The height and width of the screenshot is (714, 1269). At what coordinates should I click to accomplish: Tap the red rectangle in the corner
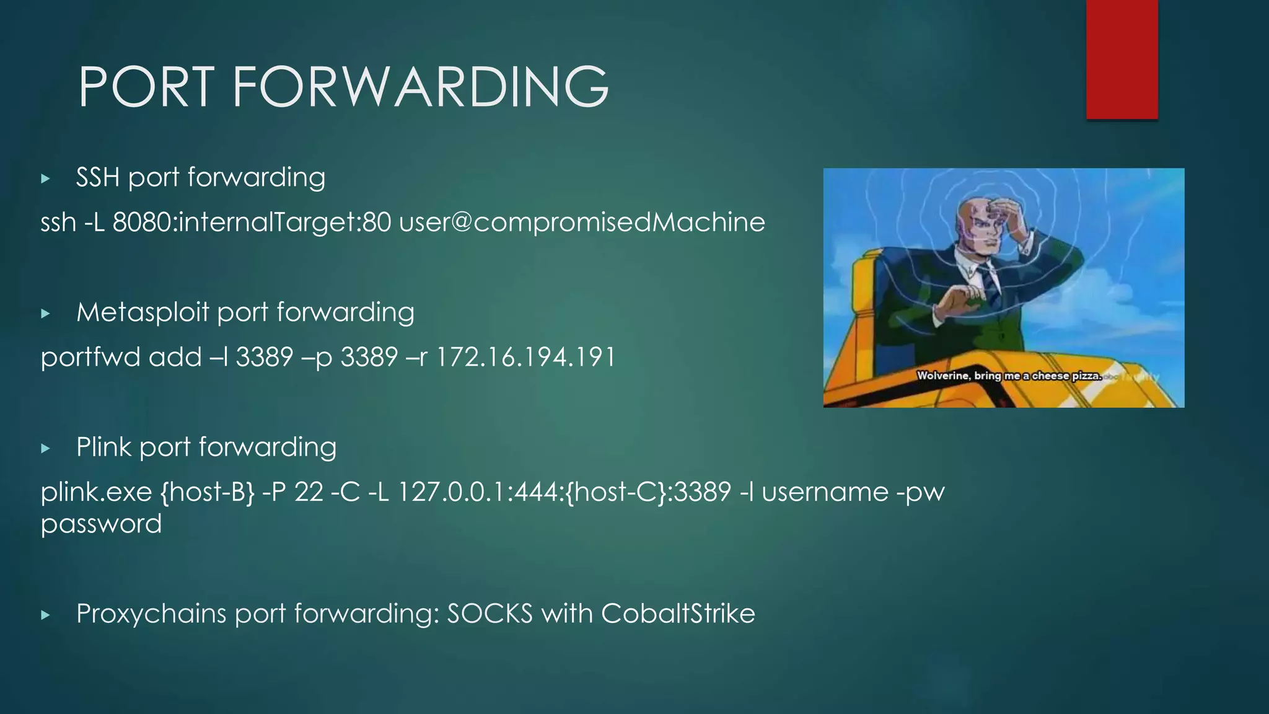(1122, 59)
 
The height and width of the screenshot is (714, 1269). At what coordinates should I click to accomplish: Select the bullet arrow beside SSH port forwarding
(45, 179)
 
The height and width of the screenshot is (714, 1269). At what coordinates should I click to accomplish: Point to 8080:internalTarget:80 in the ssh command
(252, 223)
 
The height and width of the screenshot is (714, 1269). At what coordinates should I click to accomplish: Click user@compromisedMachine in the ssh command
(582, 223)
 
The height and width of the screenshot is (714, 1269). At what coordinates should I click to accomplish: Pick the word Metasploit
(143, 312)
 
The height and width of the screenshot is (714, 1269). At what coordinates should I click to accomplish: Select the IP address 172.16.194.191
(526, 358)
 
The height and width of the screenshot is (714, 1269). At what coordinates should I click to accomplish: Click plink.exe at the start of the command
(96, 493)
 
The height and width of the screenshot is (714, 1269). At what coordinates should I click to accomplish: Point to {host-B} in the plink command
(207, 493)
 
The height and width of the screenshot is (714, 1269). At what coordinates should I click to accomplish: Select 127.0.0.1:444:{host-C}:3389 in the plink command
(564, 493)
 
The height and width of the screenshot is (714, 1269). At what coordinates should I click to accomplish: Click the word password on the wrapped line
(101, 524)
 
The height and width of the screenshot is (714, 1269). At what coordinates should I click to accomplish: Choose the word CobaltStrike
(678, 614)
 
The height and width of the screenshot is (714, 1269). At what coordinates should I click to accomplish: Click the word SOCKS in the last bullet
(490, 614)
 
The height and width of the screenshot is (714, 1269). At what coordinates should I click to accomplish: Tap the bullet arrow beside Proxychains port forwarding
(45, 615)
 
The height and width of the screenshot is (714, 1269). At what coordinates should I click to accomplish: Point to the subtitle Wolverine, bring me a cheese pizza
(1009, 376)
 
